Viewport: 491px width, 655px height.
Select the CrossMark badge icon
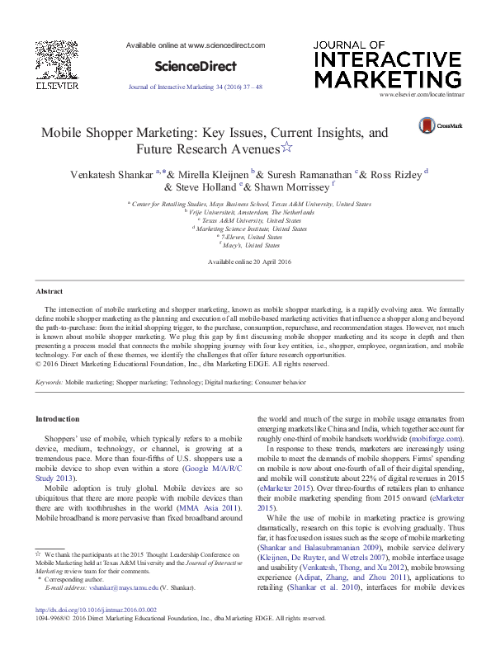[x=427, y=125]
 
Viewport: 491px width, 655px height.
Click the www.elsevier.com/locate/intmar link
[x=419, y=97]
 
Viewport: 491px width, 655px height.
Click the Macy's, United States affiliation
[x=251, y=245]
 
